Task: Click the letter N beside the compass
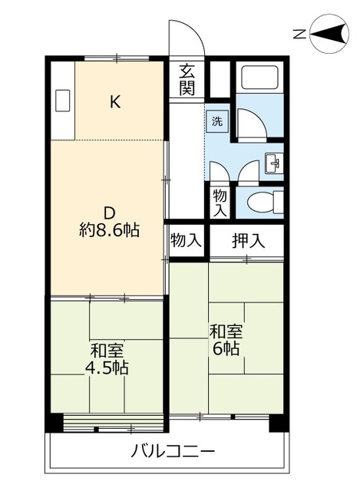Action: (301, 33)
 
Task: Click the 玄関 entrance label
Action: (187, 80)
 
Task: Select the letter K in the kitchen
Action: (114, 101)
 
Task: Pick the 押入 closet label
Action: (247, 240)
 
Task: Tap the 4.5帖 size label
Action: (107, 367)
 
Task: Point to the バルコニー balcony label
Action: (171, 450)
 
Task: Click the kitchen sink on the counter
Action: (63, 100)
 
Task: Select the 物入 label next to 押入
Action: (186, 240)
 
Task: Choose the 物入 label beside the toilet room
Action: (220, 202)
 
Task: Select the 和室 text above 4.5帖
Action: (107, 351)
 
